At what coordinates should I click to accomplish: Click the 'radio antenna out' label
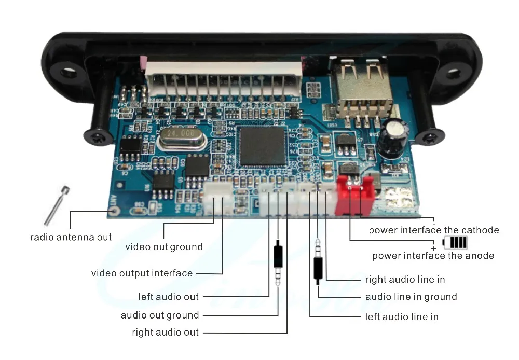pyautogui.click(x=71, y=237)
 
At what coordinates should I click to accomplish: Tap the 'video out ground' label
pyautogui.click(x=164, y=247)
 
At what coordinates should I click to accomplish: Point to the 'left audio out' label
pyautogui.click(x=169, y=297)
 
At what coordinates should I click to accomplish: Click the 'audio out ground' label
pyautogui.click(x=160, y=315)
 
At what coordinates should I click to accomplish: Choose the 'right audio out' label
pyautogui.click(x=165, y=332)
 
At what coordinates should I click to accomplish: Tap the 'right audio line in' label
pyautogui.click(x=405, y=279)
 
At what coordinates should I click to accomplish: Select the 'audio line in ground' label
pyautogui.click(x=411, y=297)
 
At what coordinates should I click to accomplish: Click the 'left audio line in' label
pyautogui.click(x=402, y=316)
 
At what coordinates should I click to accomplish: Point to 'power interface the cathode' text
pyautogui.click(x=434, y=230)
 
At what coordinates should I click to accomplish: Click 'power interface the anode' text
pyautogui.click(x=433, y=255)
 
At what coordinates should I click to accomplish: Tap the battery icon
pyautogui.click(x=455, y=242)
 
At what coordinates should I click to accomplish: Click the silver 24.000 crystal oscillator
pyautogui.click(x=180, y=137)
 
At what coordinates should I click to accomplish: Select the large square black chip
pyautogui.click(x=264, y=146)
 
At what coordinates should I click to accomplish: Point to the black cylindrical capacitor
pyautogui.click(x=392, y=137)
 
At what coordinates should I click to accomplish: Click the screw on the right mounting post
pyautogui.click(x=430, y=138)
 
